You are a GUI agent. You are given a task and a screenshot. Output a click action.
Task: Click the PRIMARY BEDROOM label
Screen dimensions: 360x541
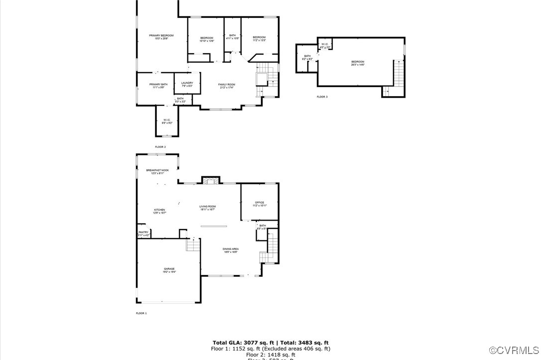point(161,36)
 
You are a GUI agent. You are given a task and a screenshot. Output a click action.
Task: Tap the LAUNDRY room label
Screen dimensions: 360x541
point(187,83)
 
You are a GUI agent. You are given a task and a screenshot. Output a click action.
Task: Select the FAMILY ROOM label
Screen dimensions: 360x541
point(227,85)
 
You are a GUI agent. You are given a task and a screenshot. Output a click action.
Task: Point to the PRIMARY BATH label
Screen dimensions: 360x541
point(158,85)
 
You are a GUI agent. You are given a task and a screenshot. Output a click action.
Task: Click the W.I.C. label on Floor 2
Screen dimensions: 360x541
point(167,120)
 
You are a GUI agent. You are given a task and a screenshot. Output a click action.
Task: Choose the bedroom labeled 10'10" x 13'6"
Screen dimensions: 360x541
point(207,39)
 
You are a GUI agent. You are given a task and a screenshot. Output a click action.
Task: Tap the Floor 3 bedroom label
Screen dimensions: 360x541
point(358,62)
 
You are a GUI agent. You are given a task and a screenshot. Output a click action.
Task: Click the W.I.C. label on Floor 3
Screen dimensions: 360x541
point(325,45)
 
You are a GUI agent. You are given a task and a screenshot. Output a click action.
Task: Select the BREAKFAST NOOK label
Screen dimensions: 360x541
point(157,171)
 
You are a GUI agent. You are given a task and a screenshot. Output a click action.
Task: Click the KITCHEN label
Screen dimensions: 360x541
point(159,210)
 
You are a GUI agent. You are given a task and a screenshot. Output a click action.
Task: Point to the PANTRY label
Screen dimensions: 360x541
point(143,233)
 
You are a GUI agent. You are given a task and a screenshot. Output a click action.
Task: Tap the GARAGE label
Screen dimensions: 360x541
point(169,269)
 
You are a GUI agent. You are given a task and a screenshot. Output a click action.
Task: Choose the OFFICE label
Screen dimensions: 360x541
point(260,203)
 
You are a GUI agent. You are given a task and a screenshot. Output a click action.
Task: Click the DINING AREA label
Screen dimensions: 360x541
point(231,249)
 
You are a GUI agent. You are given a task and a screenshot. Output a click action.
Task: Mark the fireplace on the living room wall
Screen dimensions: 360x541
point(210,180)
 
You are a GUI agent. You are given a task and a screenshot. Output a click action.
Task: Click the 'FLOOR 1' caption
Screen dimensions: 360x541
point(141,313)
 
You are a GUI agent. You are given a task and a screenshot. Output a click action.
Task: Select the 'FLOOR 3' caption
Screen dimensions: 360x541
point(322,97)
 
